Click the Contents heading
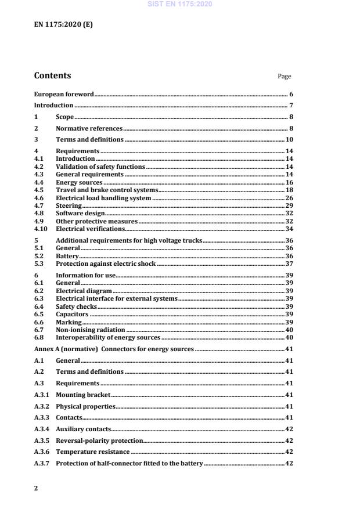pyautogui.click(x=52, y=75)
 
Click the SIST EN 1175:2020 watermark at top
pyautogui.click(x=180, y=4)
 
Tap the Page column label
pyautogui.click(x=285, y=77)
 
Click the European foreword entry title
pyautogui.click(x=64, y=94)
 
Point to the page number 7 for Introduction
pyautogui.click(x=291, y=106)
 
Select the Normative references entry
pyautogui.click(x=89, y=128)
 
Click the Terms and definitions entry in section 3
pyautogui.click(x=89, y=140)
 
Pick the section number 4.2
pyautogui.click(x=39, y=167)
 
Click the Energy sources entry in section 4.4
pyautogui.click(x=75, y=182)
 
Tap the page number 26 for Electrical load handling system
pyautogui.click(x=289, y=198)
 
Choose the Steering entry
pyautogui.click(x=68, y=206)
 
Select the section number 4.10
pyautogui.click(x=41, y=229)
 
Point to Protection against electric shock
pyautogui.click(x=106, y=264)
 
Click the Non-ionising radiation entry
pyautogui.click(x=90, y=330)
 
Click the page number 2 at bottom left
pyautogui.click(x=36, y=488)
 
